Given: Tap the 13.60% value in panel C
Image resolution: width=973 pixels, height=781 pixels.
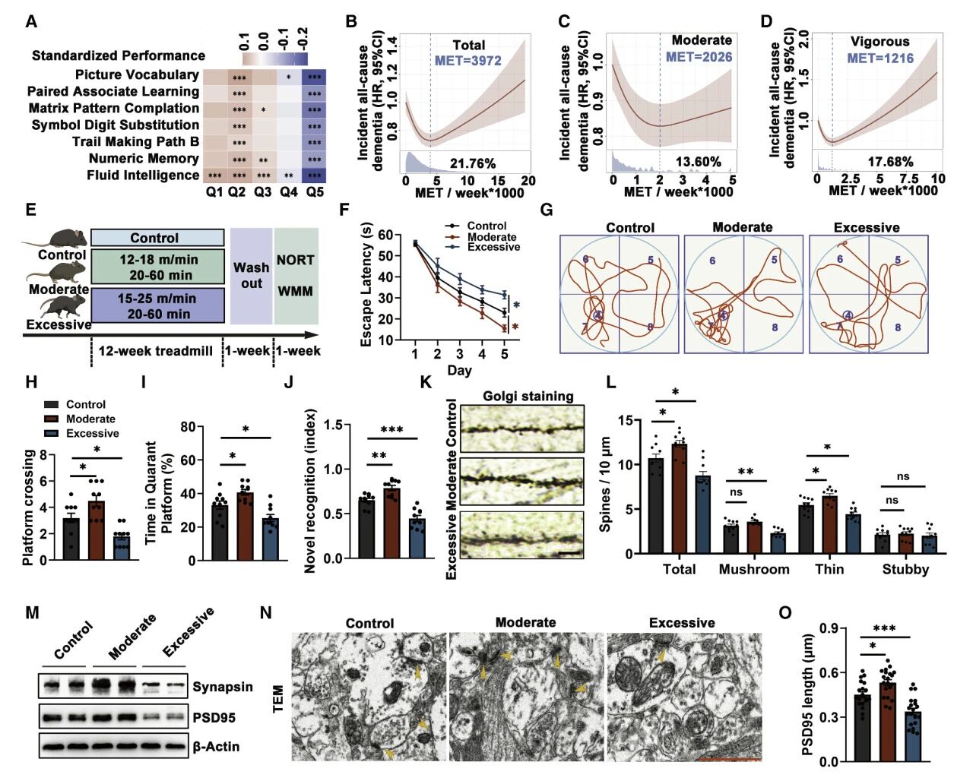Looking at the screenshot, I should pyautogui.click(x=698, y=162).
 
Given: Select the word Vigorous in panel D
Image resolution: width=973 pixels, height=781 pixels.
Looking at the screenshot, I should pyautogui.click(x=880, y=41).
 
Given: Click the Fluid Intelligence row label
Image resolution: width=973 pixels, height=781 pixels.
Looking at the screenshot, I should pyautogui.click(x=143, y=175).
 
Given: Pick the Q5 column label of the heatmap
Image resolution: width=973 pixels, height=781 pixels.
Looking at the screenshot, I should pyautogui.click(x=315, y=192).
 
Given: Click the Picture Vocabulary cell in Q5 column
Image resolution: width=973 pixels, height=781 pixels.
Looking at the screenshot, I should pyautogui.click(x=315, y=77).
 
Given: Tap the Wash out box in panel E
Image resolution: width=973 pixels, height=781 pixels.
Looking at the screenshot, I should pyautogui.click(x=252, y=276).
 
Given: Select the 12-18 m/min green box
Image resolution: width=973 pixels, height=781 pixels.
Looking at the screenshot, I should pyautogui.click(x=158, y=267).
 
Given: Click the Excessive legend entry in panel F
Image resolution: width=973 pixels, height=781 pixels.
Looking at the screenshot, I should pyautogui.click(x=493, y=247).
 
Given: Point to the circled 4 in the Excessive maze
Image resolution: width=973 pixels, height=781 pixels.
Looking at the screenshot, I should pyautogui.click(x=848, y=315).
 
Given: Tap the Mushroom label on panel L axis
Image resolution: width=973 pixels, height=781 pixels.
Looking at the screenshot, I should pyautogui.click(x=754, y=569).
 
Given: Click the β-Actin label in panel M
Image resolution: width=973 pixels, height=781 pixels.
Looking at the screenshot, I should pyautogui.click(x=216, y=746).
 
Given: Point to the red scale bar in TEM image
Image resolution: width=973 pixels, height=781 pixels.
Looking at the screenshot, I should pyautogui.click(x=727, y=757).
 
